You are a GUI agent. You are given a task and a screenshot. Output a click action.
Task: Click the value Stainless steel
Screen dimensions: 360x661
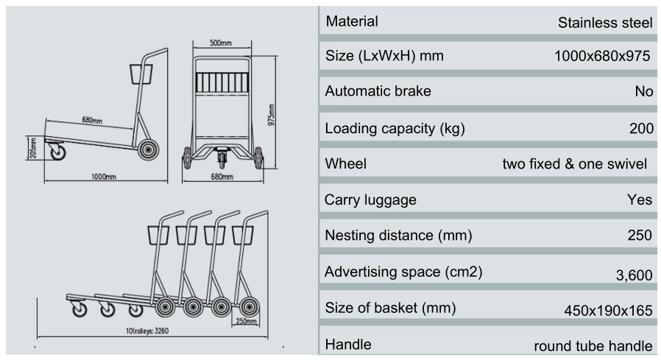pyautogui.click(x=605, y=23)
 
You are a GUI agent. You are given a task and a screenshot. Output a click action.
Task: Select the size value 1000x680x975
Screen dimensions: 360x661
pyautogui.click(x=602, y=57)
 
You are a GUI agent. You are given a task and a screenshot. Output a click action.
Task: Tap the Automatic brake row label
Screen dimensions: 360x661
pyautogui.click(x=378, y=92)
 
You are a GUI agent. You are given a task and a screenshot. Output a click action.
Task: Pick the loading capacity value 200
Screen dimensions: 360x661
pyautogui.click(x=641, y=129)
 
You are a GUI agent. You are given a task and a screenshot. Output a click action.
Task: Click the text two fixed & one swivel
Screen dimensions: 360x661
pyautogui.click(x=574, y=164)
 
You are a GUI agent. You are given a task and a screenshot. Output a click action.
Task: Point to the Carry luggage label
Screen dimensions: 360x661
pyautogui.click(x=370, y=200)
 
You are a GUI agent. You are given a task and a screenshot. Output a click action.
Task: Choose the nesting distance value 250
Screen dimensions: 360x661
pyautogui.click(x=640, y=236)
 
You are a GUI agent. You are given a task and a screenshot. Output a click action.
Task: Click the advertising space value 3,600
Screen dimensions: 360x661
pyautogui.click(x=634, y=275)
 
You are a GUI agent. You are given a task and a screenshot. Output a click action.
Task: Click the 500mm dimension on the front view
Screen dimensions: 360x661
pyautogui.click(x=221, y=43)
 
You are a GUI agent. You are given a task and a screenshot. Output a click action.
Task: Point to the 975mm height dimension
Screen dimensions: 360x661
pyautogui.click(x=272, y=114)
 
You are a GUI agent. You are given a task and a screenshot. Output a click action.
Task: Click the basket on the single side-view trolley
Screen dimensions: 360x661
pyautogui.click(x=141, y=74)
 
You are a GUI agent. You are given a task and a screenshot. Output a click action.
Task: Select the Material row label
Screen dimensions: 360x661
pyautogui.click(x=352, y=21)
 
